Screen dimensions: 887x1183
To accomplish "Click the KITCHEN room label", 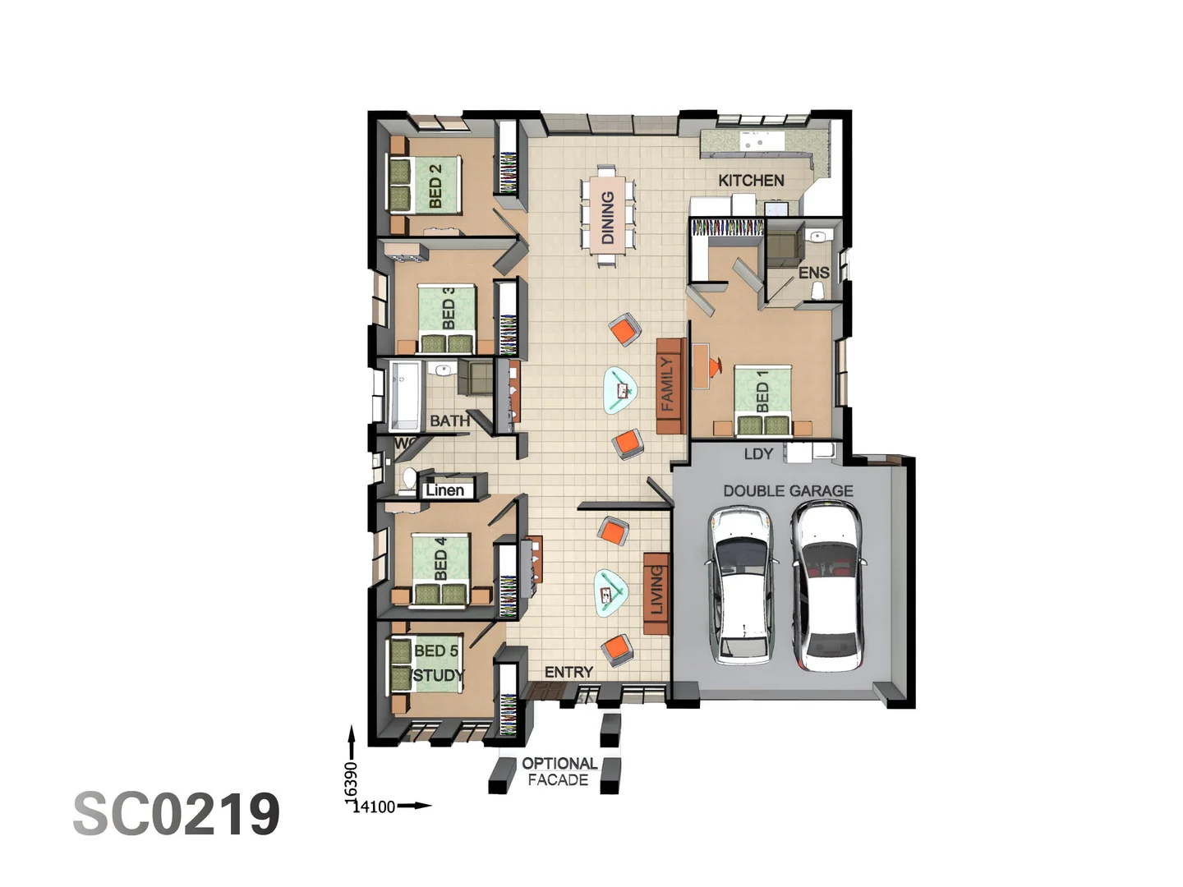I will click(x=751, y=180).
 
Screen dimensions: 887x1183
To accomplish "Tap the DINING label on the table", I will click(x=608, y=218).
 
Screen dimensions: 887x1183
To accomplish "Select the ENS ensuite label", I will click(x=813, y=273).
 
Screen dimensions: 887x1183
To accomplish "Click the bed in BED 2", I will click(x=424, y=185).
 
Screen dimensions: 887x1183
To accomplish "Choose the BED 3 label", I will click(x=449, y=308).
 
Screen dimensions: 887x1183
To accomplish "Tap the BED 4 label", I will click(x=441, y=558).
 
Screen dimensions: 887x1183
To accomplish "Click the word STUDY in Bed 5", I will click(x=439, y=675).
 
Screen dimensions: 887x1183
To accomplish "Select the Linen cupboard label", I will click(x=444, y=490).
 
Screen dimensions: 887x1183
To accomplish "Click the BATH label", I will click(x=449, y=421).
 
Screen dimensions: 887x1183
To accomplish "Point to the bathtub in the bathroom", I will click(x=405, y=395).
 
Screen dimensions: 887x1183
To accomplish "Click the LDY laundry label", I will click(x=757, y=453).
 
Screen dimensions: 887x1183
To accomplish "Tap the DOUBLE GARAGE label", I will click(x=787, y=490).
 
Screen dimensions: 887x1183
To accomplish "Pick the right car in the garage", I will click(x=827, y=585).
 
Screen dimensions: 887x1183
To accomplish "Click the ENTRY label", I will click(x=568, y=672).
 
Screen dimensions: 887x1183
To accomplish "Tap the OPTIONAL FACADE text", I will click(x=559, y=771).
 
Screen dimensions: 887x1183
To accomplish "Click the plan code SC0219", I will click(x=177, y=814).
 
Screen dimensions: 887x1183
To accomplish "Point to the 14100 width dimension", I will click(x=374, y=807).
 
